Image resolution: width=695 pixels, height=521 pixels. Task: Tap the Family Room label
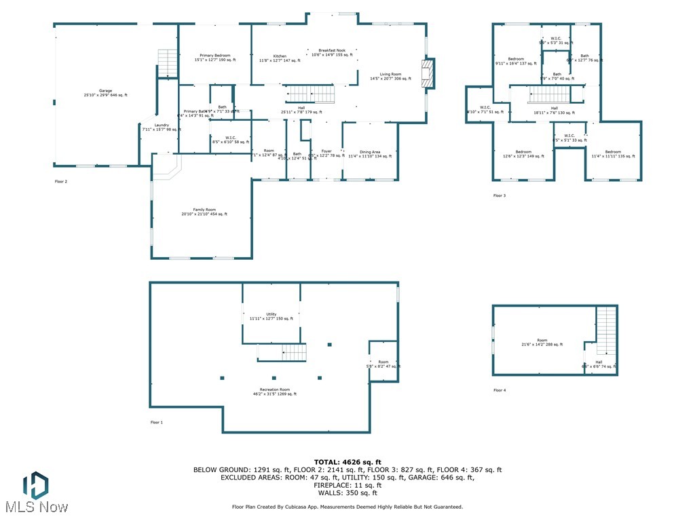204,212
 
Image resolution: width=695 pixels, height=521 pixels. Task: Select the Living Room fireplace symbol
427,73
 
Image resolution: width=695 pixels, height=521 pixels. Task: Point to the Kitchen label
280,58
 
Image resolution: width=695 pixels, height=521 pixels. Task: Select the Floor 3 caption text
500,195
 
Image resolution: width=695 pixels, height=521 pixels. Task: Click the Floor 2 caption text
61,182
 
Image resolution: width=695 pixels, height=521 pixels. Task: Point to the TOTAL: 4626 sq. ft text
347,462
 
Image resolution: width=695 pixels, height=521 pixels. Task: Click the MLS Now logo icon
35,484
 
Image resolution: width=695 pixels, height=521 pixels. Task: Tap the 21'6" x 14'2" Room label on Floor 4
542,342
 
